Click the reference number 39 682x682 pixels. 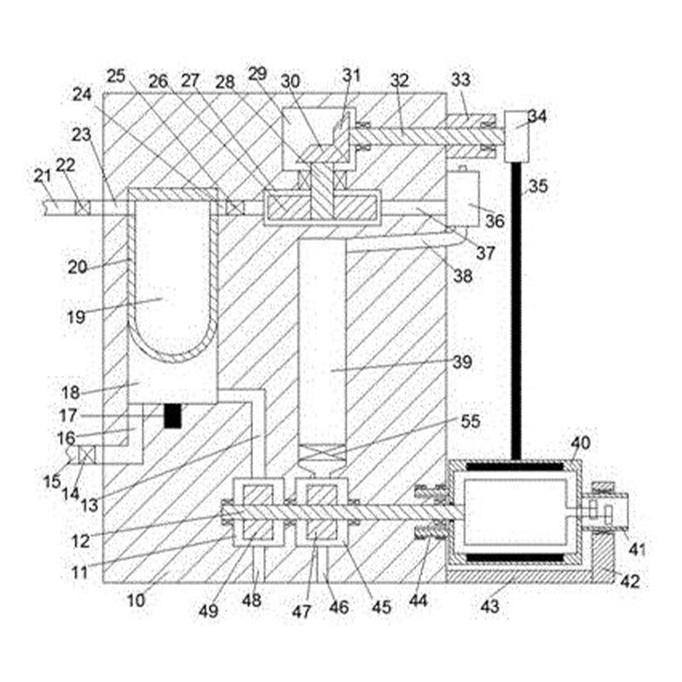(462, 361)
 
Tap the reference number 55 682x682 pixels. (471, 420)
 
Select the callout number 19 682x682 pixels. (76, 316)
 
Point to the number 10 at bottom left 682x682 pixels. (136, 600)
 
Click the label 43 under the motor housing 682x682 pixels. (489, 606)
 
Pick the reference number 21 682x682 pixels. (43, 176)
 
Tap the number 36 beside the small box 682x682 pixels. (494, 221)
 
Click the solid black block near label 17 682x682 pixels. (172, 416)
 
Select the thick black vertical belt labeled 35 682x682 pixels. (517, 311)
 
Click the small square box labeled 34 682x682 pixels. (517, 136)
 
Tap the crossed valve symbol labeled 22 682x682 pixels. (83, 207)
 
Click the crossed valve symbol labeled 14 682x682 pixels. (86, 455)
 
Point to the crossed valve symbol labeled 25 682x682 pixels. (235, 207)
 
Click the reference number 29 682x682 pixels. (257, 73)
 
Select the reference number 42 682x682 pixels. (630, 581)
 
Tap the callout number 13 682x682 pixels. (90, 505)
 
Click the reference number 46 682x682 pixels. (338, 607)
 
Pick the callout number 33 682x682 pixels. (460, 79)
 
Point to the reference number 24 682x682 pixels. (82, 94)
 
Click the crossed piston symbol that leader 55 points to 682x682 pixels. (322, 453)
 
